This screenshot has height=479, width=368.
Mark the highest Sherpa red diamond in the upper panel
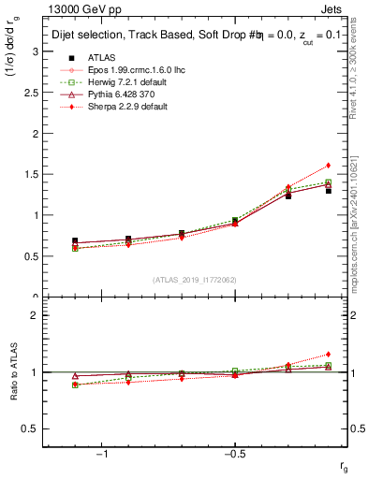click(x=329, y=166)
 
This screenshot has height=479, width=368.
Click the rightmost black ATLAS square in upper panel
click(x=329, y=190)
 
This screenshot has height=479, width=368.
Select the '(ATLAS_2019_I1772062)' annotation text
click(x=194, y=280)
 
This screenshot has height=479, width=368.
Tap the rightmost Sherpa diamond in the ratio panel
click(x=329, y=355)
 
